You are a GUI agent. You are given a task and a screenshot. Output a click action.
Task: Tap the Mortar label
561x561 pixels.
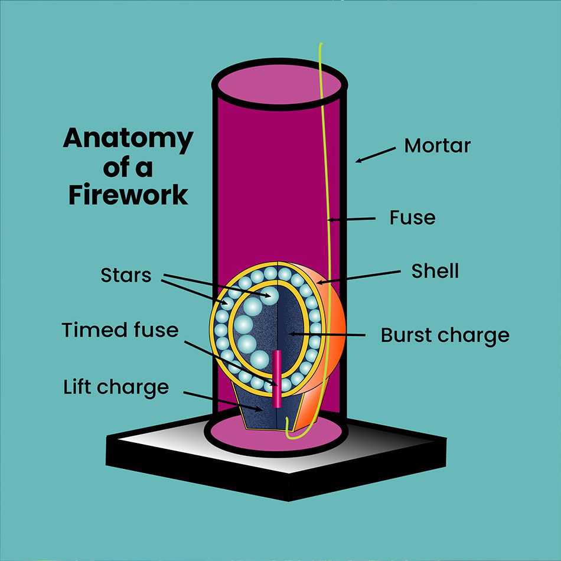[x=437, y=146]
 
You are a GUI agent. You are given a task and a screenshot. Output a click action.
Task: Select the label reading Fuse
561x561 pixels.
[x=413, y=217]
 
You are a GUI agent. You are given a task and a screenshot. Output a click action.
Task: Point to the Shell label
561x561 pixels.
[x=435, y=271]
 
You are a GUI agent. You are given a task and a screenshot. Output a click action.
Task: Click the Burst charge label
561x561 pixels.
[x=445, y=335]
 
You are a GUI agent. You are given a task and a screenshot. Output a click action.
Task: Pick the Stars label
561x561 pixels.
[x=126, y=275]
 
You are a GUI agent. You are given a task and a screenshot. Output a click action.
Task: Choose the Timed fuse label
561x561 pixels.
[x=120, y=330]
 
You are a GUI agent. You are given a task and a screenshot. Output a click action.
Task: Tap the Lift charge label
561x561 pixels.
[x=116, y=387]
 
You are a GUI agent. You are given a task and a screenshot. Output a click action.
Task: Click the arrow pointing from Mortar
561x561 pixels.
[x=376, y=155]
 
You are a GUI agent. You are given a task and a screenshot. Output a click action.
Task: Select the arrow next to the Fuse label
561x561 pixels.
[x=351, y=219]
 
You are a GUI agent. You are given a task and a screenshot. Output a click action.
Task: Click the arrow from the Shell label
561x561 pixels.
[x=359, y=278]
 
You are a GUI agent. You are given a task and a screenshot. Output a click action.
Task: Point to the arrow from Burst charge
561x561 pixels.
[x=327, y=334]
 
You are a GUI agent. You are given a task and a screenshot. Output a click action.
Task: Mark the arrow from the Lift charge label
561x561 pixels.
[x=223, y=402]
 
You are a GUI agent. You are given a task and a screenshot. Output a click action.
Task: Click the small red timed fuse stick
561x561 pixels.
[x=276, y=379]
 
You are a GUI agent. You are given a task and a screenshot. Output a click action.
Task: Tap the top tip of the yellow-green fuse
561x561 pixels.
[x=321, y=44]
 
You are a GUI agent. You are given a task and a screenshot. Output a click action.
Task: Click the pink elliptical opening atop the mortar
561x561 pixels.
[x=279, y=85]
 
